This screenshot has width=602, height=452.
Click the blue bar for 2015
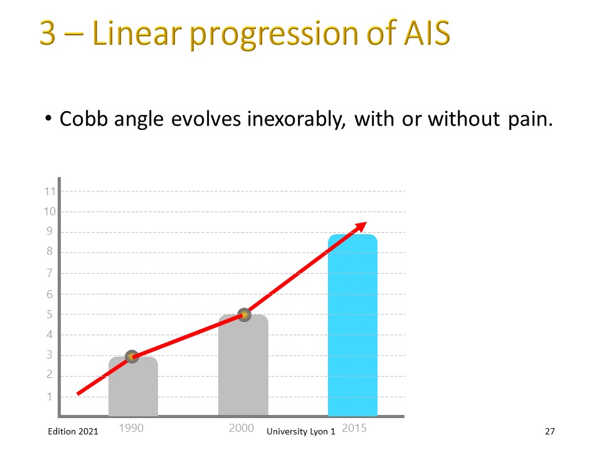tap(352, 325)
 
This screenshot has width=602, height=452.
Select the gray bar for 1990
tap(133, 386)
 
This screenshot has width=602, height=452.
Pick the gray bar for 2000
tap(243, 365)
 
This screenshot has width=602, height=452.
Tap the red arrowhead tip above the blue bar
tap(367, 222)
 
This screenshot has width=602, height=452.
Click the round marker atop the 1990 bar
tap(132, 357)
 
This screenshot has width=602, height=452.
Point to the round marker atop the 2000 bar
tap(244, 315)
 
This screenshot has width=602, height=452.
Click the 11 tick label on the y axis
tap(50, 191)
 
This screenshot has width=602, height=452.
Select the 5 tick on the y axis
tap(50, 315)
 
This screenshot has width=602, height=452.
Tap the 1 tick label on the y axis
tap(50, 397)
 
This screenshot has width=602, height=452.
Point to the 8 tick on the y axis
tap(50, 251)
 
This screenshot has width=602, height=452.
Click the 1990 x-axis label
tap(131, 428)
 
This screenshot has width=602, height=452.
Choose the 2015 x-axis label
tap(354, 428)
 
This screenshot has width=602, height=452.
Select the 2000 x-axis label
tap(241, 428)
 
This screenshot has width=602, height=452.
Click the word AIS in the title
tap(426, 33)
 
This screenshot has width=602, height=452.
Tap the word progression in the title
tap(274, 35)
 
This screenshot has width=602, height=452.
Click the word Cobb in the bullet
tap(83, 119)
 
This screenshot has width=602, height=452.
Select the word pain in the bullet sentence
tap(531, 119)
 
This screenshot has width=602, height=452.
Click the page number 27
tap(550, 431)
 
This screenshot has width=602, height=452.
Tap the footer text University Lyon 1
tap(301, 432)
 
